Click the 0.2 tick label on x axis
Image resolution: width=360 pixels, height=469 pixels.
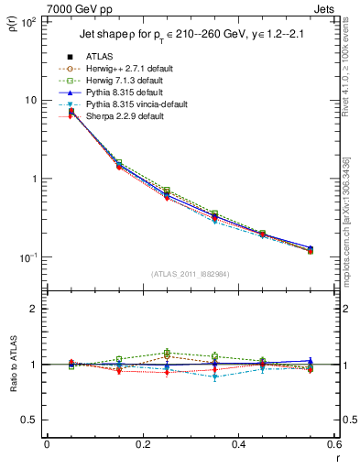pyautogui.click(x=142, y=444)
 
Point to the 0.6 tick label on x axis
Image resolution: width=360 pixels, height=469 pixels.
pyautogui.click(x=333, y=444)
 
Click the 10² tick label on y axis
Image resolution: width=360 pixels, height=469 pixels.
pyautogui.click(x=27, y=21)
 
